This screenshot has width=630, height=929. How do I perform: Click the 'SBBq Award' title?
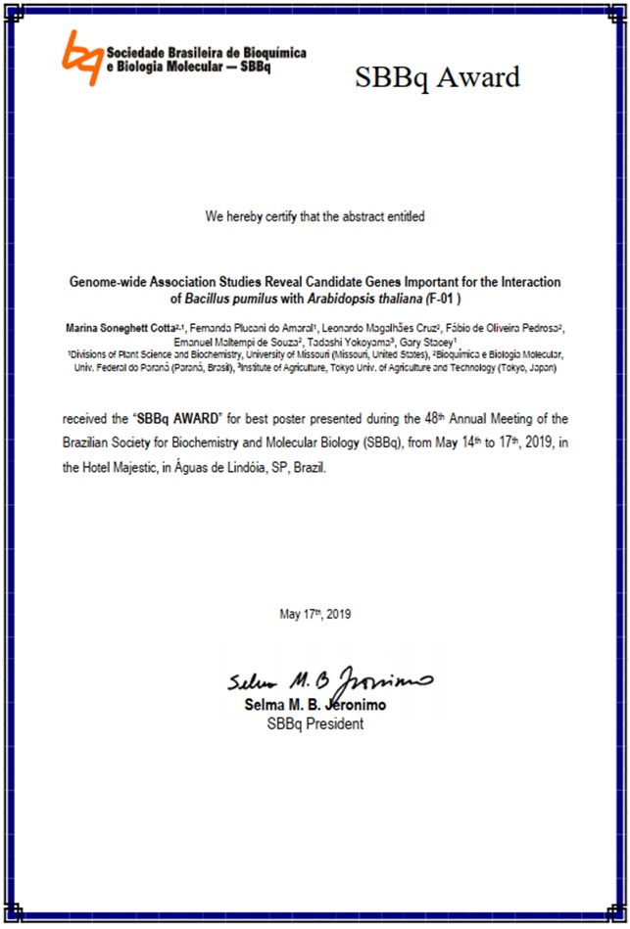pyautogui.click(x=437, y=77)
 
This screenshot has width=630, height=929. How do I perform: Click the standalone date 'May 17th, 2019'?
pyautogui.click(x=315, y=615)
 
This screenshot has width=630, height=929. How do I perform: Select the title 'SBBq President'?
pyautogui.click(x=315, y=724)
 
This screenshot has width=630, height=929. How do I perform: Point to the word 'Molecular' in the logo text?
pyautogui.click(x=186, y=67)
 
